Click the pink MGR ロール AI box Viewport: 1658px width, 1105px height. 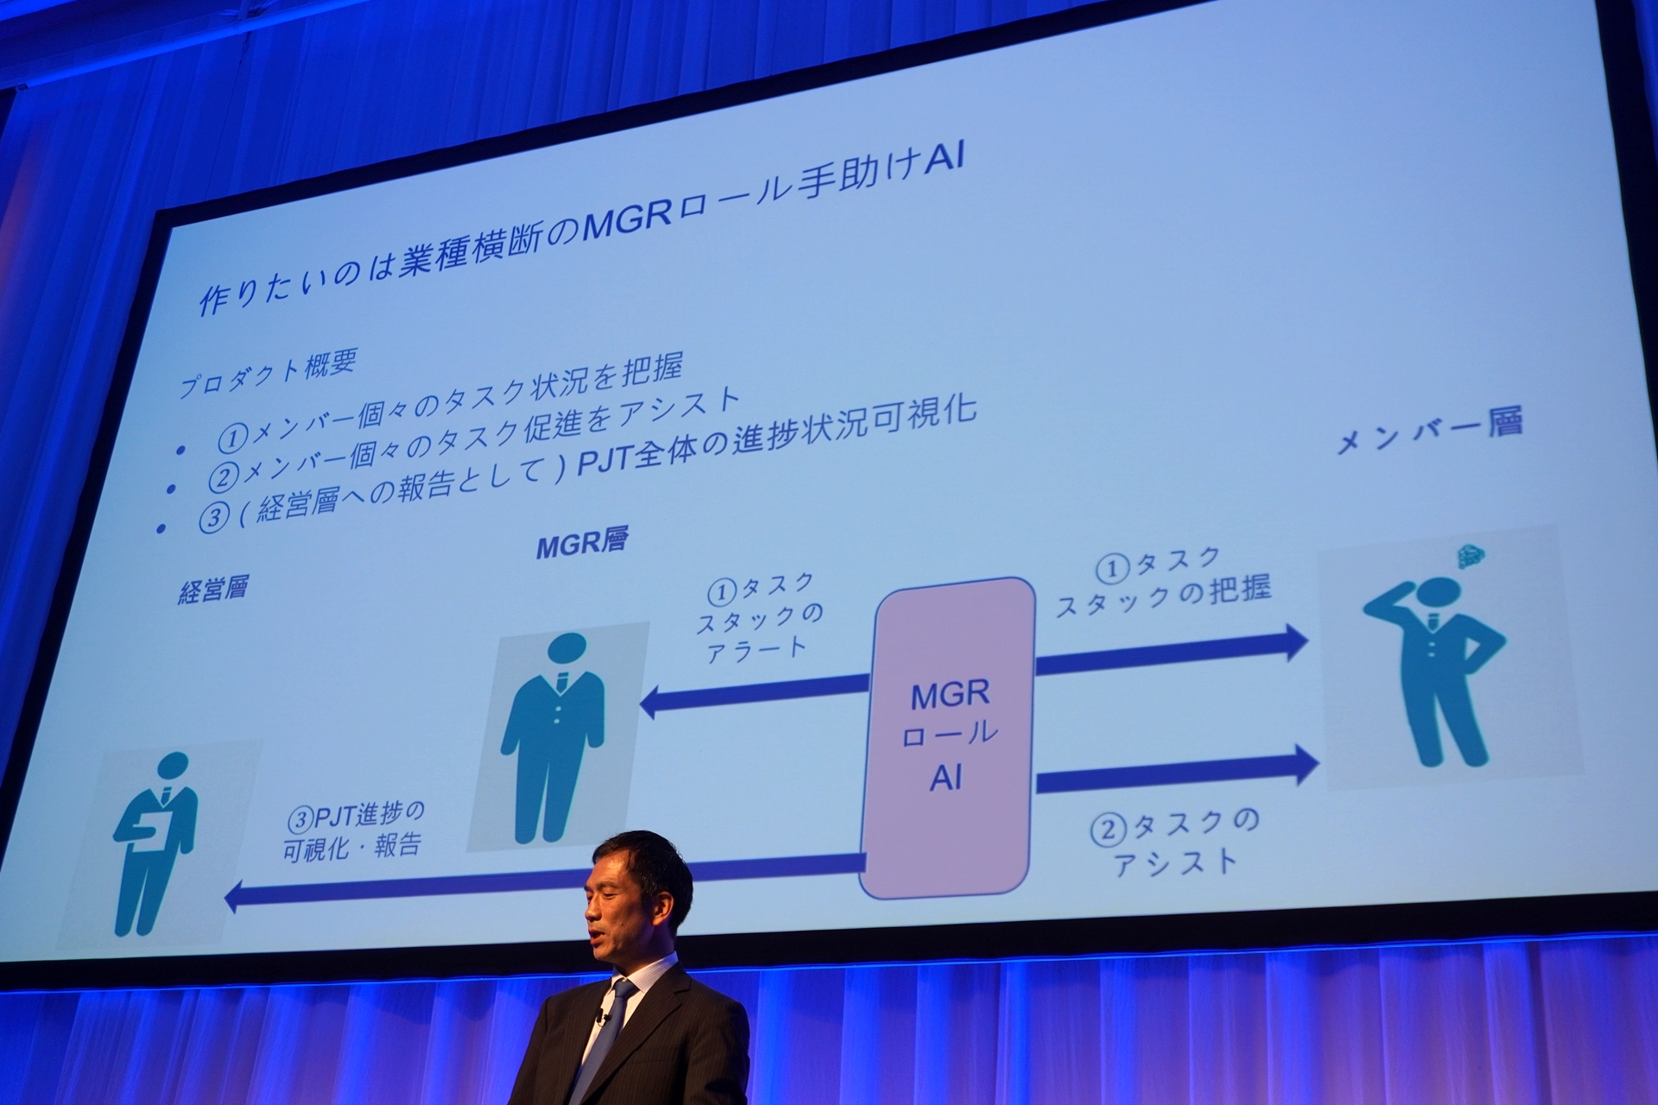(948, 738)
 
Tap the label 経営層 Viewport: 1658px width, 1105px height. (212, 590)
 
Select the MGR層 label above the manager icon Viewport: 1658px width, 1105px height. (581, 544)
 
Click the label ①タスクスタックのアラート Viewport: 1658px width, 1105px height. (760, 616)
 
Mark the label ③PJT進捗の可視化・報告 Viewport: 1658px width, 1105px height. (354, 829)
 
